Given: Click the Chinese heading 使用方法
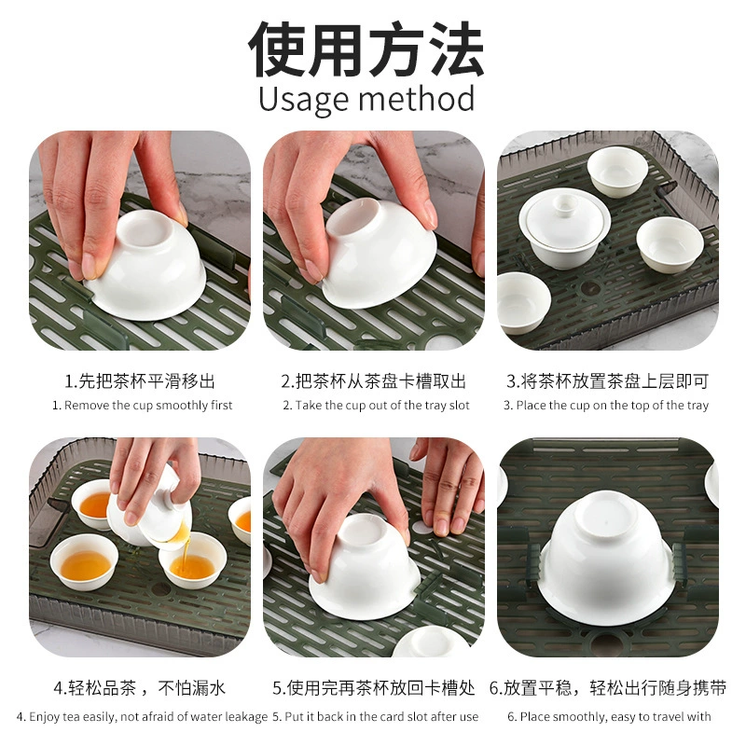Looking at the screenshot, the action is (x=366, y=48).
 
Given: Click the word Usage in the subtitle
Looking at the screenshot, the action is (x=305, y=99).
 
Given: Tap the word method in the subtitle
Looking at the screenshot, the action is (x=416, y=98).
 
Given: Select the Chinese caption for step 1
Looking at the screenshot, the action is (x=140, y=381).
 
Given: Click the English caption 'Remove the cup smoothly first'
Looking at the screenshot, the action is (x=143, y=406).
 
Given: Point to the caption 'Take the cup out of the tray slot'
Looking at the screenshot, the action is (x=377, y=406).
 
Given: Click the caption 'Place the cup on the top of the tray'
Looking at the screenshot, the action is (x=606, y=406).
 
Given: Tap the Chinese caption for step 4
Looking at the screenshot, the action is (x=140, y=688).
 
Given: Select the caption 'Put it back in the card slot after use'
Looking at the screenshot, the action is (x=376, y=716).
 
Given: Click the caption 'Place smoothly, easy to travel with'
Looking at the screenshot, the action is (x=610, y=716).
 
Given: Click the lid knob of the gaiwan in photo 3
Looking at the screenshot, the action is (x=565, y=203).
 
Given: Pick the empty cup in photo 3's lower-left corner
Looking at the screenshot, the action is (x=522, y=302).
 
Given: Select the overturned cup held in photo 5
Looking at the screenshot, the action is (x=365, y=566).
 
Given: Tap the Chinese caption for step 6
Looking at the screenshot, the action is (x=608, y=688).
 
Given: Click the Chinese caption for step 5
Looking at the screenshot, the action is (x=374, y=688).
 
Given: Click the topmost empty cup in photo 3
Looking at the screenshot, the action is (x=617, y=172).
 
